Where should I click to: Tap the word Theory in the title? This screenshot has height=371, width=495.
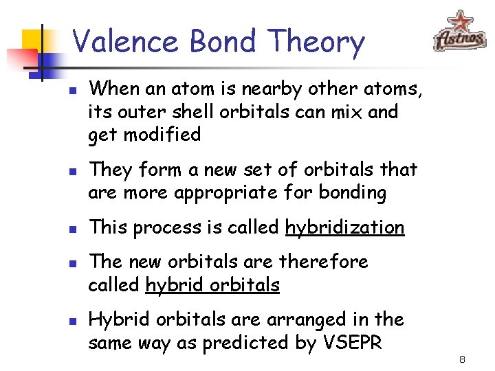click(317, 43)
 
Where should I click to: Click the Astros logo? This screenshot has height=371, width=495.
click(460, 32)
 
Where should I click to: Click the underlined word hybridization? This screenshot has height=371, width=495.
click(344, 227)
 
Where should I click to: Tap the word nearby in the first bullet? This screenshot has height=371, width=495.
click(227, 88)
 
